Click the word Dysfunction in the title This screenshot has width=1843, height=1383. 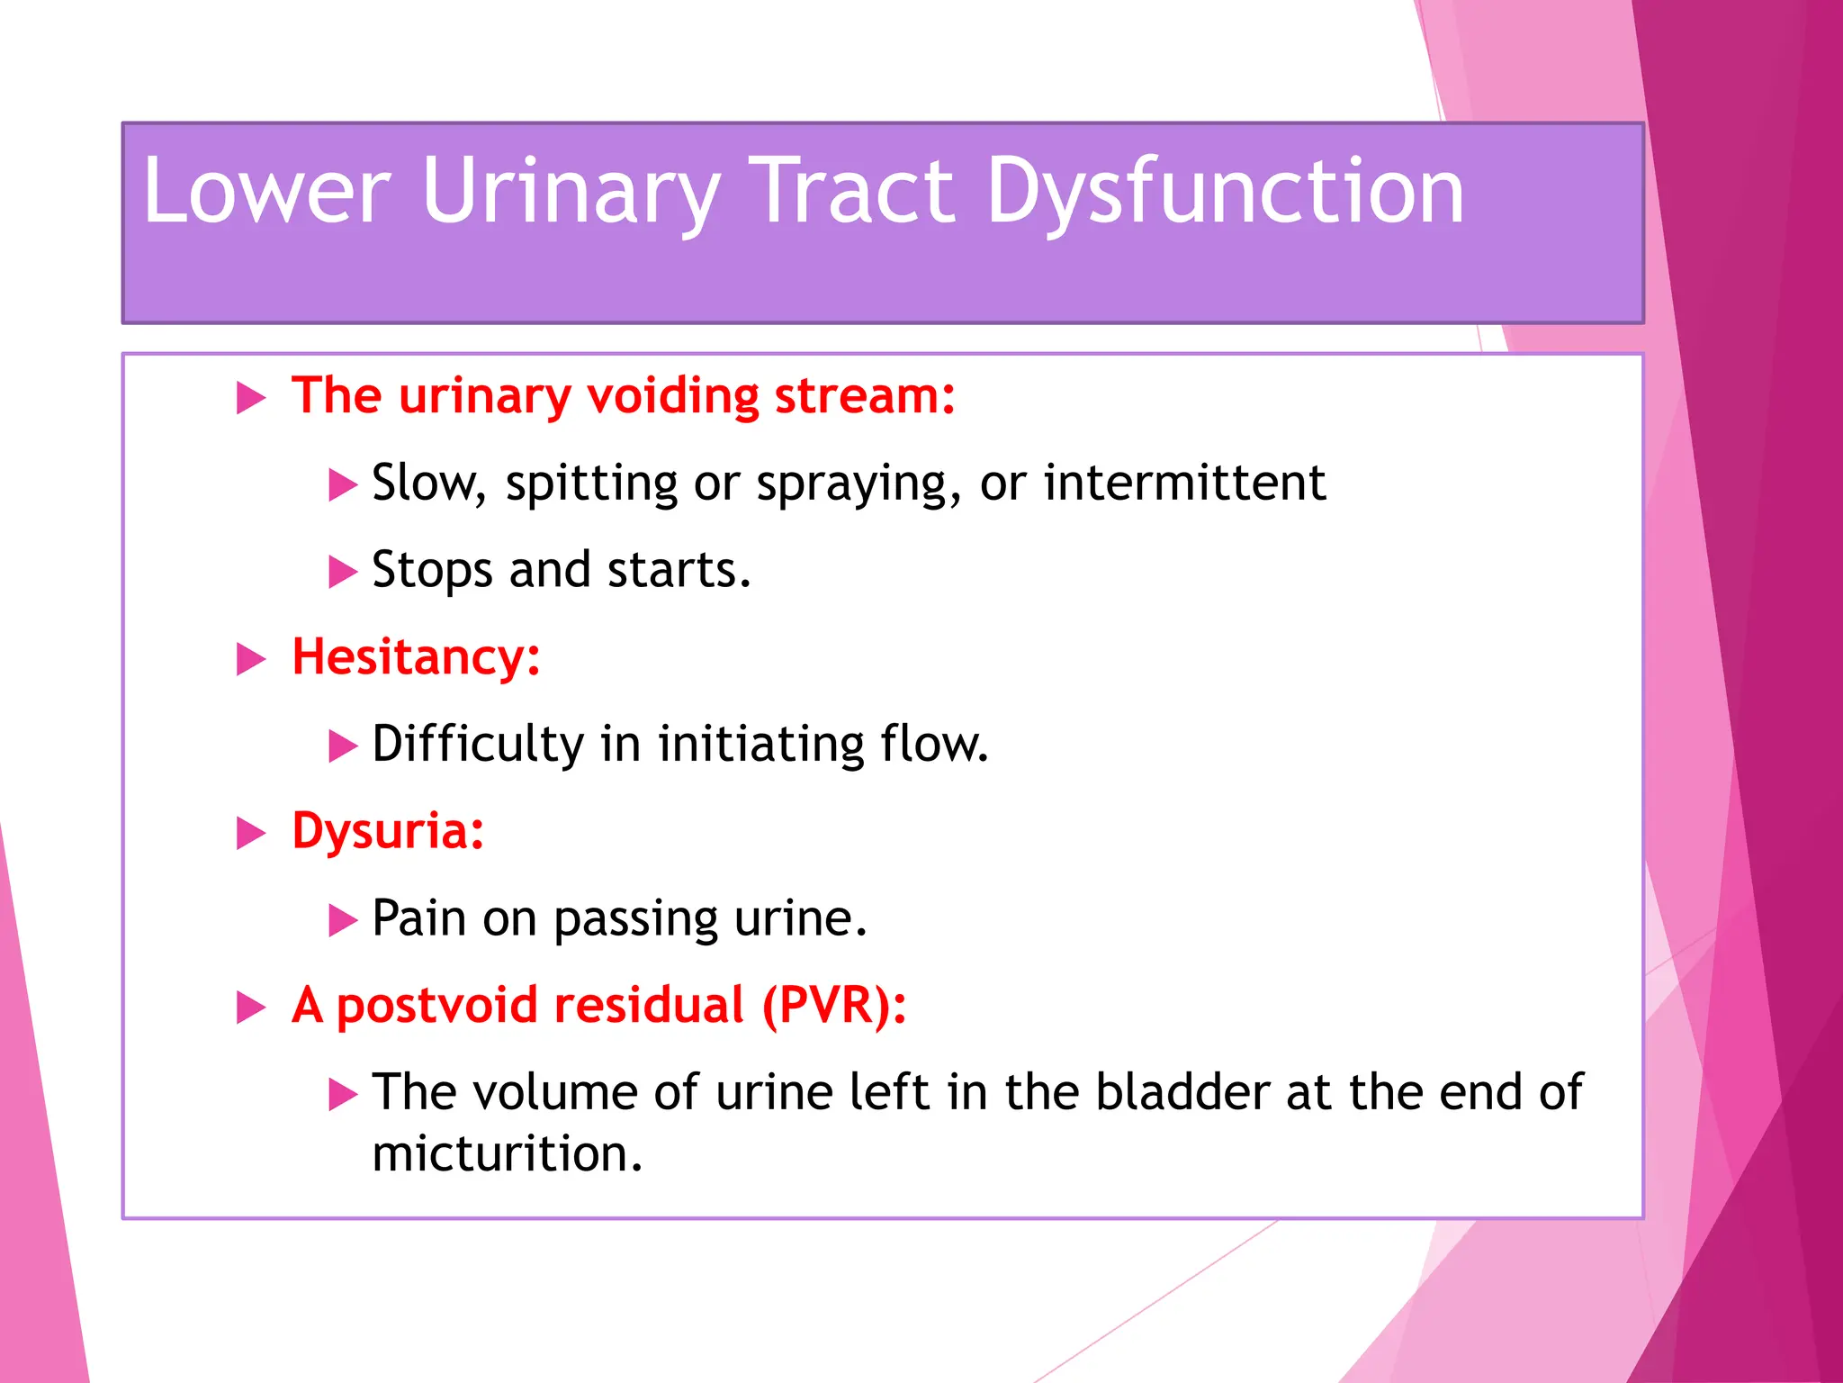tap(1226, 191)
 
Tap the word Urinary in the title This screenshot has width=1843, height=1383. tap(571, 191)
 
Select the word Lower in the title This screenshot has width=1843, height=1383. tap(267, 191)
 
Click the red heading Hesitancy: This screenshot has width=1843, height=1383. tap(416, 657)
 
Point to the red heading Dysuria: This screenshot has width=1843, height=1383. tap(388, 831)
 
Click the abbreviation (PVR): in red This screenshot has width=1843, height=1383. tap(834, 1005)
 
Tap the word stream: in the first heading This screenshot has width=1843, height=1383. tap(865, 396)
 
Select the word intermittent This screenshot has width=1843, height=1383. tap(1184, 483)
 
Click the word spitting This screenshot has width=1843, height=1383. tap(591, 484)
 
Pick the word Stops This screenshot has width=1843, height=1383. tap(432, 571)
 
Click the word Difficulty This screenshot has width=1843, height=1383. tap(478, 745)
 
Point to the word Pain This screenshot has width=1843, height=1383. tap(419, 918)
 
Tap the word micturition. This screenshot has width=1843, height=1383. tap(507, 1154)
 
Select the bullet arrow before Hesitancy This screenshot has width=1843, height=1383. tap(251, 659)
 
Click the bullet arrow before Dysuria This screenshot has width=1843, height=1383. tap(251, 833)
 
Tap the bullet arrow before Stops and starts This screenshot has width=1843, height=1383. tap(343, 572)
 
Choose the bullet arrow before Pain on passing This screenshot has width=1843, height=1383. tap(343, 920)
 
